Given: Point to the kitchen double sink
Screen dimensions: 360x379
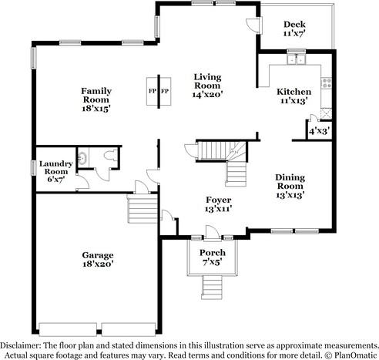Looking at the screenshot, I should click(293, 62).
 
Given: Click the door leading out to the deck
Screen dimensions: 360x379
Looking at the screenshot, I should click(252, 25).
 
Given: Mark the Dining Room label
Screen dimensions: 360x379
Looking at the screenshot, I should click(290, 182).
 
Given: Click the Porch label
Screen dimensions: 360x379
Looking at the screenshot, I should click(212, 252).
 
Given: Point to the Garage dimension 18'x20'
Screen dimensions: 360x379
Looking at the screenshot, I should click(98, 264).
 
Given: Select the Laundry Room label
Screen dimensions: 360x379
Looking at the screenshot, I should click(58, 167).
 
